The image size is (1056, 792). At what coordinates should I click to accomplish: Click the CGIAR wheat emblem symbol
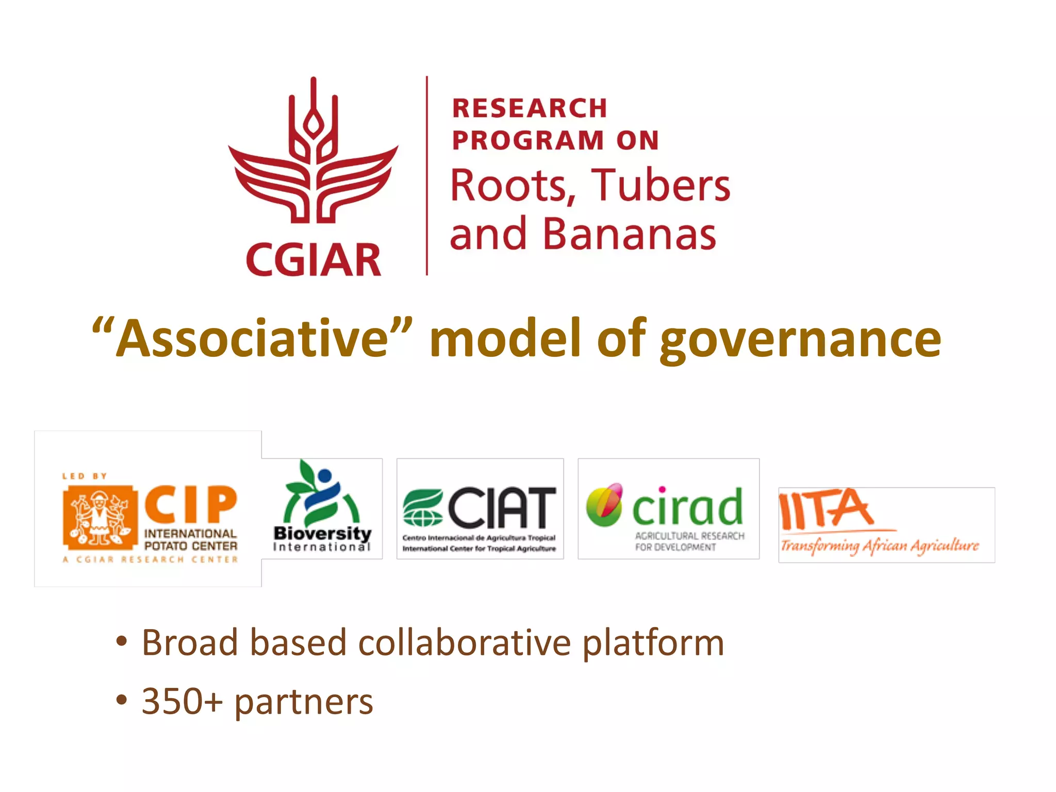[x=313, y=155]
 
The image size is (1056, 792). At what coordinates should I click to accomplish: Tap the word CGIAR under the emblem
[x=313, y=260]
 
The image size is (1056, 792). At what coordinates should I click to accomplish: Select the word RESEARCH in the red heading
[x=530, y=108]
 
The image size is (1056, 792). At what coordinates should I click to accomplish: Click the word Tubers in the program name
[x=661, y=185]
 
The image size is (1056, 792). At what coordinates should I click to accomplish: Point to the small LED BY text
[x=84, y=476]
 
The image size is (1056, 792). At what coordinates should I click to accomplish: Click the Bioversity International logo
[x=322, y=508]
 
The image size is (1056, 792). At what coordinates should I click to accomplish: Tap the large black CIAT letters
[x=502, y=508]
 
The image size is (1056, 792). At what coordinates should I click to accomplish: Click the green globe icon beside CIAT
[x=422, y=508]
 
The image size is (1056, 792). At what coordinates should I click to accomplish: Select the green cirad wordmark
[x=687, y=507]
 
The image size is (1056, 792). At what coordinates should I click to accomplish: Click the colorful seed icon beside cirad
[x=605, y=504]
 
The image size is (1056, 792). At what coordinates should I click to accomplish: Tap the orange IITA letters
[x=826, y=509]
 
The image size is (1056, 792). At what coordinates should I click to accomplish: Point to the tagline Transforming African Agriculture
[x=880, y=546]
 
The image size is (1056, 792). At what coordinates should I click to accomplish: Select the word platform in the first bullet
[x=653, y=643]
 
